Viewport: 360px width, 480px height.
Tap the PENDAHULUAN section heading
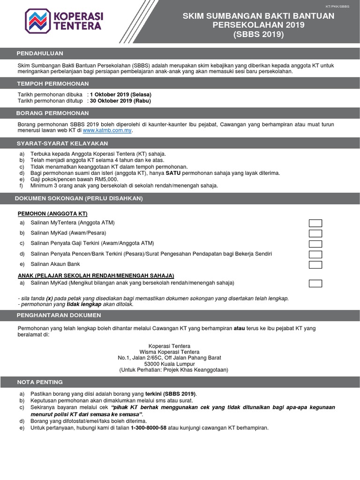40,53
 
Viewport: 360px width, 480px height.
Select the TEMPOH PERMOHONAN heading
52,83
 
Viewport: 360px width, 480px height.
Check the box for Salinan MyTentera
315,223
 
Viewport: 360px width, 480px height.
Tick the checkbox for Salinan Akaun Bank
315,265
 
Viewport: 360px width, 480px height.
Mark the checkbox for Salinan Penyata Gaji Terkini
315,244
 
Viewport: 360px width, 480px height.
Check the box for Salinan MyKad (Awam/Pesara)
315,233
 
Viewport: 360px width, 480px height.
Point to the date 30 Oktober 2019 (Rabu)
120,101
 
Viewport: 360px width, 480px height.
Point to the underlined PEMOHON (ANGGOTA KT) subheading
52,214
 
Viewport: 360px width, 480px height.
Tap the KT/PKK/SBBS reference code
337,7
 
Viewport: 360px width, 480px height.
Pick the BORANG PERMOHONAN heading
52,113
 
